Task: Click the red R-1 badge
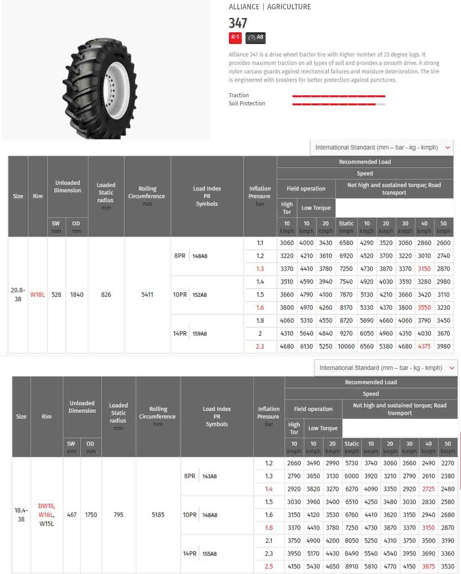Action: point(235,38)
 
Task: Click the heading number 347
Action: point(238,23)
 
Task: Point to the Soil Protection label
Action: point(247,103)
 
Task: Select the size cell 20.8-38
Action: point(18,295)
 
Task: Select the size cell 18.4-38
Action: point(21,515)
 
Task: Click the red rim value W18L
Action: point(38,295)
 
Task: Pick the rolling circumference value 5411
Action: point(147,295)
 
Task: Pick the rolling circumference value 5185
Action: point(158,515)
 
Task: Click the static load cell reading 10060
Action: point(346,346)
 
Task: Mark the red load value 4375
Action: point(424,346)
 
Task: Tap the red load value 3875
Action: point(428,566)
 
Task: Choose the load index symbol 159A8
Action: point(199,334)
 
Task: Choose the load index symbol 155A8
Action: point(209,554)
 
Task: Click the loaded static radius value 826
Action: point(106,295)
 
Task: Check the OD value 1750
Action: point(91,515)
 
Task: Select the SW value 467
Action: point(72,515)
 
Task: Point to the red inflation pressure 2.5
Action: point(269,566)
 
